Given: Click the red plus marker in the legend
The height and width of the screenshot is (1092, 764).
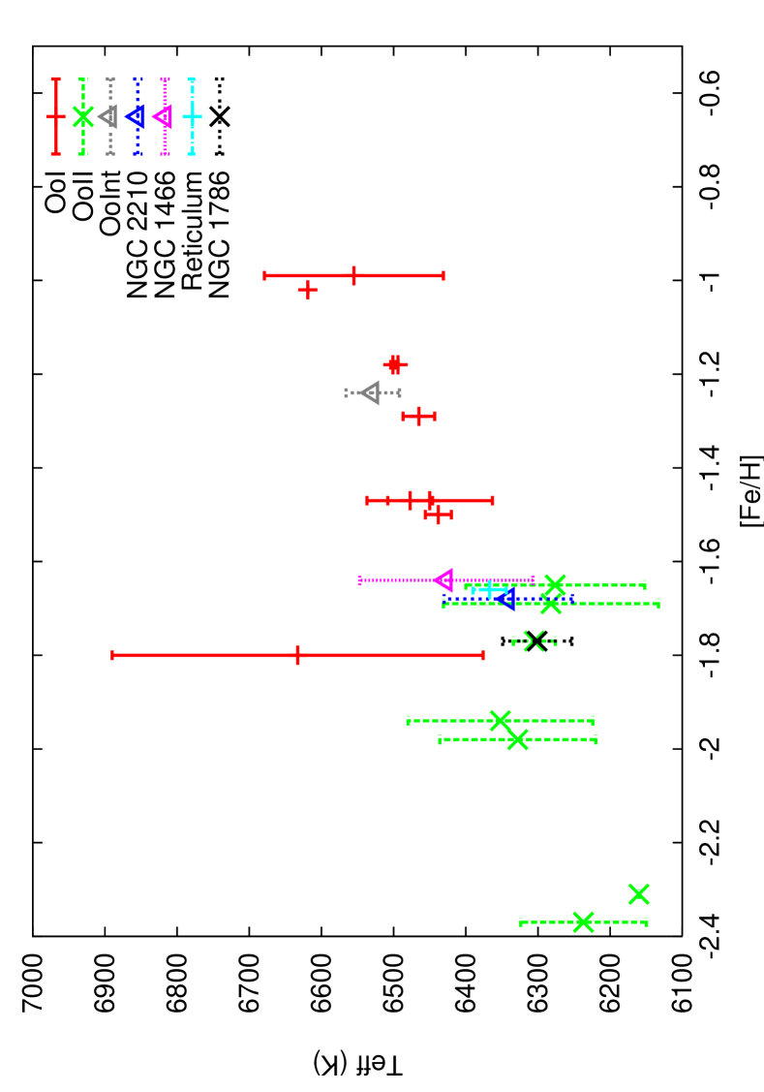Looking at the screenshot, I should (56, 117).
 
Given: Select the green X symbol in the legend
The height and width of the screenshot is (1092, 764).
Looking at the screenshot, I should (83, 116).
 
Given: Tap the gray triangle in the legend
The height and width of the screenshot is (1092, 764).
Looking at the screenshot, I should (108, 116).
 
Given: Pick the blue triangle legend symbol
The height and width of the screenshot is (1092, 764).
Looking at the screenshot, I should (136, 116).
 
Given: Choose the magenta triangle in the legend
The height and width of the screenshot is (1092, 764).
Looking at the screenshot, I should (163, 116).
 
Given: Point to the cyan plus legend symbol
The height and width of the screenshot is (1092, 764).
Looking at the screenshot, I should (192, 116).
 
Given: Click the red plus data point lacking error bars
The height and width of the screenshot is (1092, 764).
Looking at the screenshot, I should (308, 290).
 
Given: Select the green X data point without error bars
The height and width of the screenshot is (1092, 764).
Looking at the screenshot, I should (638, 893).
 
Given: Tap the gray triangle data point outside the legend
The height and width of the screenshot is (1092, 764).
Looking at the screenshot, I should (370, 392).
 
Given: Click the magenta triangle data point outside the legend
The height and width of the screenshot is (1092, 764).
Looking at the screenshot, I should (443, 579).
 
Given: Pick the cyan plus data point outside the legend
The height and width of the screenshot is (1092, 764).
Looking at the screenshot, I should (490, 589).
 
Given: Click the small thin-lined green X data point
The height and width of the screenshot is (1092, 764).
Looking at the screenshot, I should (534, 640).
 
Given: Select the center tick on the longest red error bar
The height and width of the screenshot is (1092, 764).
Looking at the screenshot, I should (297, 655).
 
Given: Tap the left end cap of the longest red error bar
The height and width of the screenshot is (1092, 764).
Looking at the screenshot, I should (112, 655).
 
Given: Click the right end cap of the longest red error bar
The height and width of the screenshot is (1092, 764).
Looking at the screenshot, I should (483, 655).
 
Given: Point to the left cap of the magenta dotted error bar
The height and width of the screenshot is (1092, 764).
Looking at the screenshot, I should (359, 580).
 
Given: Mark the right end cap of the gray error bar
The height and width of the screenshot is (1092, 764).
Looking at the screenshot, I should (399, 392).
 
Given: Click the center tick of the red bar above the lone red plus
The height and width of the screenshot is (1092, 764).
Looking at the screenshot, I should (353, 275).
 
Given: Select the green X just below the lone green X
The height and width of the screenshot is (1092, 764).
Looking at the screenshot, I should (583, 921).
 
